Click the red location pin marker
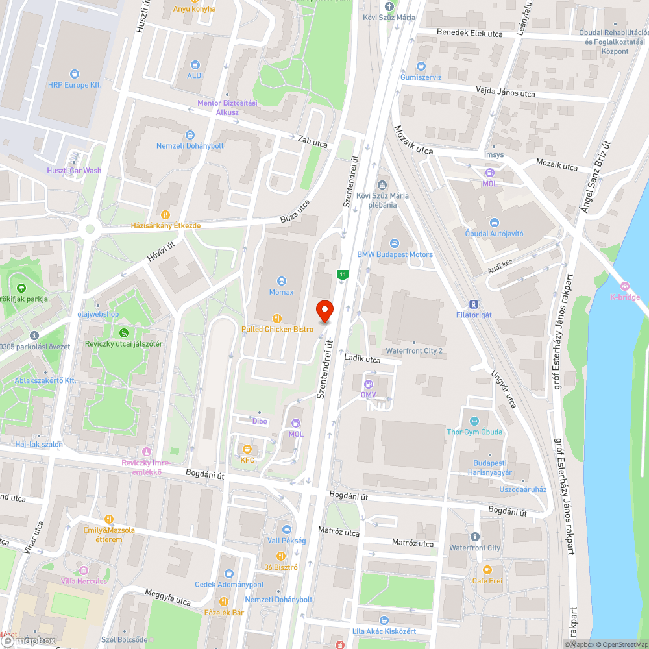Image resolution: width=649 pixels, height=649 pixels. point(324,311)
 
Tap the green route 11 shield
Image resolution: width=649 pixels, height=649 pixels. point(342,275)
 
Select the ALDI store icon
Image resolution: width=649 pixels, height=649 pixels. point(196,65)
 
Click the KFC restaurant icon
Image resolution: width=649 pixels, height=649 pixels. point(247,449)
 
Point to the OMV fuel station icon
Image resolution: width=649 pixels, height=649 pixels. point(369,384)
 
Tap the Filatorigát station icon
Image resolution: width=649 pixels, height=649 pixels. point(474,304)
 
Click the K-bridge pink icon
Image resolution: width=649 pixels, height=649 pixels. point(624,287)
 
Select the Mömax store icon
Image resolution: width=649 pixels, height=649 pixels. point(282,281)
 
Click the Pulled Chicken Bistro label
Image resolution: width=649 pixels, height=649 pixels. point(277,329)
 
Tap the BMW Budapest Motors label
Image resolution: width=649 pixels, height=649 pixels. point(395,254)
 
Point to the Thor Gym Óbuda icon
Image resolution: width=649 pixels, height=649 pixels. point(474,421)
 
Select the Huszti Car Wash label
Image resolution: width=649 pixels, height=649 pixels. point(74,171)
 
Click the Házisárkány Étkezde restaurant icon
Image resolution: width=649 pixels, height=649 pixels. point(165,214)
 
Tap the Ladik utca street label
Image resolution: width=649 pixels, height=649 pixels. point(362,358)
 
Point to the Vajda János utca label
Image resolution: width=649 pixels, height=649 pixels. point(505,93)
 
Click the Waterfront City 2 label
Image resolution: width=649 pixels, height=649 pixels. point(414,350)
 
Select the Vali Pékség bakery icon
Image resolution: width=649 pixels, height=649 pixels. point(286,530)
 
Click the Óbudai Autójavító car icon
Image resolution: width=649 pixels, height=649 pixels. point(494,223)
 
